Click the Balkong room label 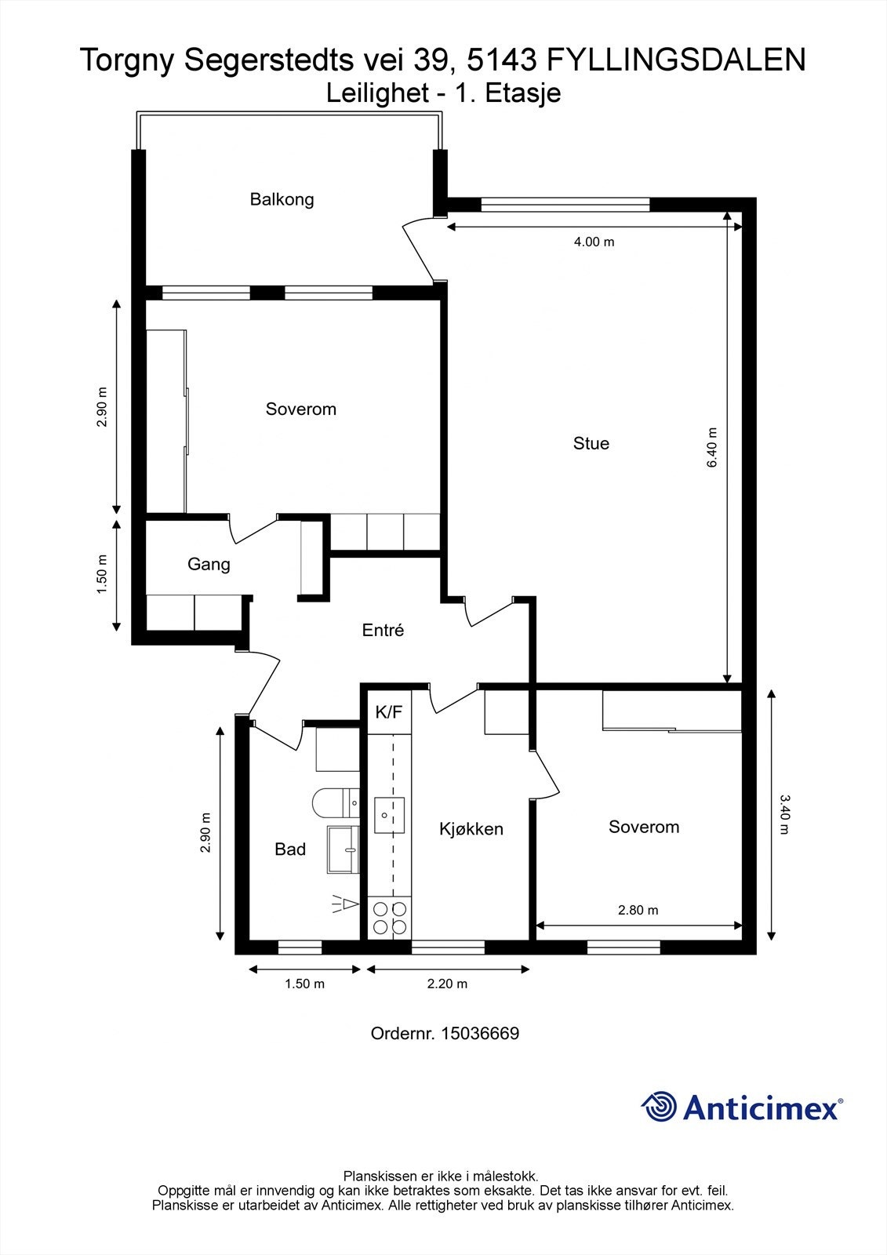pyautogui.click(x=282, y=199)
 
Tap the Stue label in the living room pyautogui.click(x=591, y=443)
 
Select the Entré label pyautogui.click(x=383, y=630)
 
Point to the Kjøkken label pyautogui.click(x=471, y=828)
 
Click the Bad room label pyautogui.click(x=290, y=849)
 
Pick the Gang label pyautogui.click(x=209, y=564)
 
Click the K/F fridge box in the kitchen pyautogui.click(x=390, y=713)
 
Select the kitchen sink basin pyautogui.click(x=389, y=815)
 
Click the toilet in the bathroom pyautogui.click(x=336, y=803)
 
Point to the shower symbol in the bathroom pyautogui.click(x=345, y=904)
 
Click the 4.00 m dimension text pyautogui.click(x=594, y=242)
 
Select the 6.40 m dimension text pyautogui.click(x=712, y=448)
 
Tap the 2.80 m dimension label pyautogui.click(x=638, y=911)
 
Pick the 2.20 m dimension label pyautogui.click(x=447, y=984)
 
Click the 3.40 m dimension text pyautogui.click(x=784, y=815)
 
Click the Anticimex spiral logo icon pyautogui.click(x=659, y=1107)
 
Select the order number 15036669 pyautogui.click(x=480, y=1033)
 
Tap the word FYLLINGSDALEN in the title pyautogui.click(x=676, y=60)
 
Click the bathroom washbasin pyautogui.click(x=343, y=849)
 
